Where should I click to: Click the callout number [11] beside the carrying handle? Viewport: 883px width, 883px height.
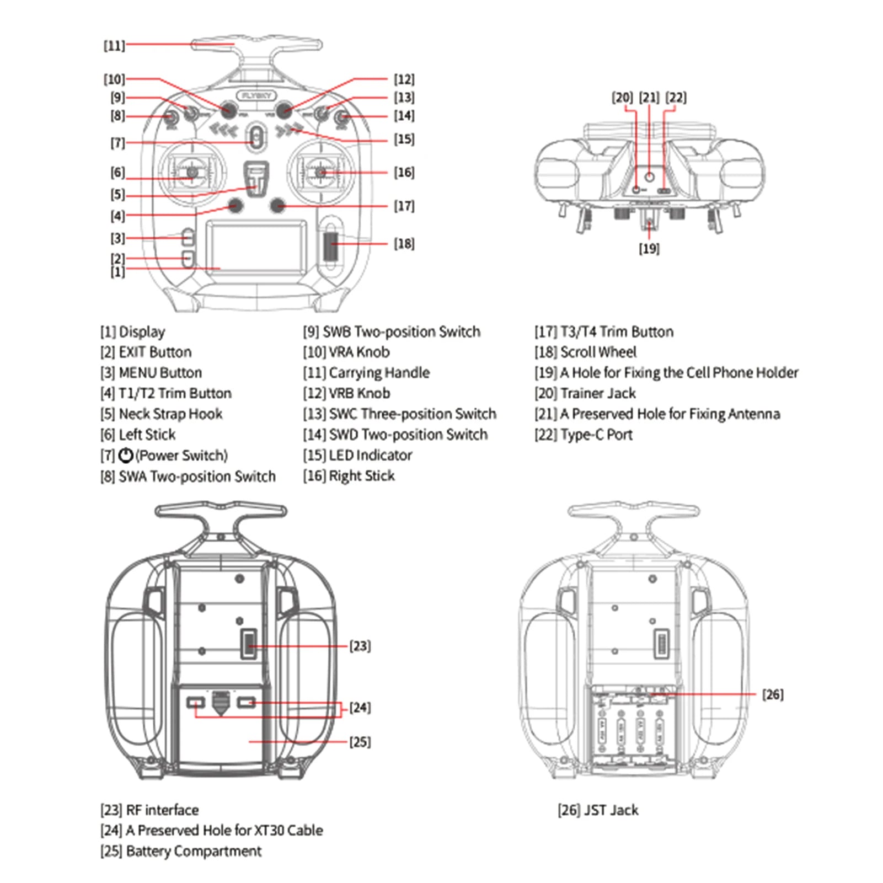coord(114,45)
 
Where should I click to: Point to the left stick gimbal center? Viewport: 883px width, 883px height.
coord(192,173)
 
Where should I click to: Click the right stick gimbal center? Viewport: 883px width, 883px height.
coord(321,173)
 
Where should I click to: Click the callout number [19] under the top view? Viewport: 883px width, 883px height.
coord(649,249)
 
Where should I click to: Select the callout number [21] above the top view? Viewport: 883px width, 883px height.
coord(649,98)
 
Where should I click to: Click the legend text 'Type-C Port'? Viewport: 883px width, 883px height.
coord(596,435)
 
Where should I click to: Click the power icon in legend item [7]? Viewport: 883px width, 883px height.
coord(126,456)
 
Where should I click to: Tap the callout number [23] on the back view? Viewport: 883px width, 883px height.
coord(360,646)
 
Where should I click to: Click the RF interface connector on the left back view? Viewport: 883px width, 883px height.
coord(249,644)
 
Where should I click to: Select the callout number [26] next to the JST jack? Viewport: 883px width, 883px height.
coord(772,694)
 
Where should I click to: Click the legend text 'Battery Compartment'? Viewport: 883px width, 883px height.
coord(194,851)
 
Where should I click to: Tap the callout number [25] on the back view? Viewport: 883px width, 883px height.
coord(360,742)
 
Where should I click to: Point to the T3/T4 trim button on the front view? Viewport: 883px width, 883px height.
coord(278,206)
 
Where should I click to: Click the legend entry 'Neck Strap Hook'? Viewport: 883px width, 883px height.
coord(170,414)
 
